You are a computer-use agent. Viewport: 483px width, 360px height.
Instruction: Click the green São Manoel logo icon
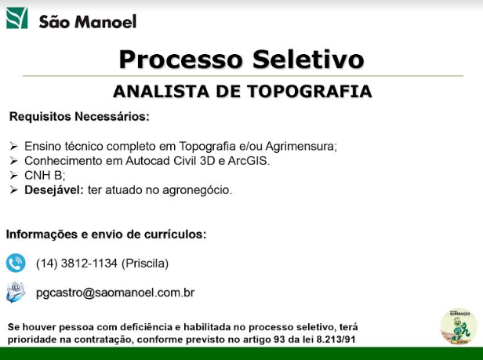pyautogui.click(x=17, y=18)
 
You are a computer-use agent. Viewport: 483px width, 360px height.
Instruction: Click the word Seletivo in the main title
pyautogui.click(x=308, y=59)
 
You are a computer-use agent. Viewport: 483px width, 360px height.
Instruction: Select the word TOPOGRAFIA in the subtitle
pyautogui.click(x=309, y=91)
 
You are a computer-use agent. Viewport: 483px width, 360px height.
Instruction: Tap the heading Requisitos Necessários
pyautogui.click(x=79, y=117)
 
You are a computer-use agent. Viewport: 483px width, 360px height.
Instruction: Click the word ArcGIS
pyautogui.click(x=249, y=161)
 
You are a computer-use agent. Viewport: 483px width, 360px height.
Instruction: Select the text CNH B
pyautogui.click(x=45, y=176)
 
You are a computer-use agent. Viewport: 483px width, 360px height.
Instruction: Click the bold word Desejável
pyautogui.click(x=54, y=190)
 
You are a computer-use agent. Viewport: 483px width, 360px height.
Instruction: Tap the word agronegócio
pyautogui.click(x=197, y=191)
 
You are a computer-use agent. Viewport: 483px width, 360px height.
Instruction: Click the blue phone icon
pyautogui.click(x=16, y=263)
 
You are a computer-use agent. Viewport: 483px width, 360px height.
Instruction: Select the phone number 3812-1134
pyautogui.click(x=89, y=264)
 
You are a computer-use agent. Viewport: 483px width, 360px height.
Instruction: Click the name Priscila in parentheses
pyautogui.click(x=145, y=264)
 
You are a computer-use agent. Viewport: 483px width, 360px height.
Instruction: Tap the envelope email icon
pyautogui.click(x=16, y=292)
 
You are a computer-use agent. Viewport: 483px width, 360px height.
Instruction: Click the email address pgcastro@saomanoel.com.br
pyautogui.click(x=115, y=293)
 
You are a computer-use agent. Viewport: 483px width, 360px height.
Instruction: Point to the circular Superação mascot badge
pyautogui.click(x=459, y=327)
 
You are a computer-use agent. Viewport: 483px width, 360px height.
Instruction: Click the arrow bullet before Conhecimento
pyautogui.click(x=13, y=161)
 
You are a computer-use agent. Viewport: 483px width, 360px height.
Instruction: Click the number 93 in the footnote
pyautogui.click(x=279, y=340)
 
